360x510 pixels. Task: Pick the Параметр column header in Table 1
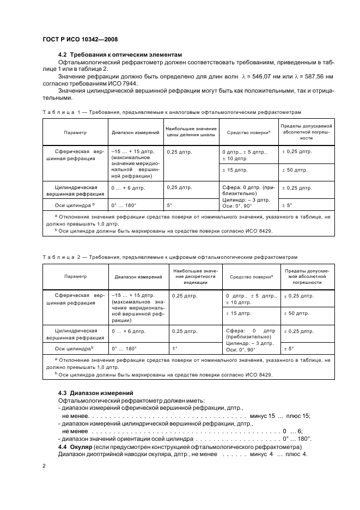pyautogui.click(x=75, y=132)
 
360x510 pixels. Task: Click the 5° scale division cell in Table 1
pyautogui.click(x=170, y=205)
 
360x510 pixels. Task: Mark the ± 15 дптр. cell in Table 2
pyautogui.click(x=239, y=314)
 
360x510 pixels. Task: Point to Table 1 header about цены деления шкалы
pyautogui.click(x=191, y=132)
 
